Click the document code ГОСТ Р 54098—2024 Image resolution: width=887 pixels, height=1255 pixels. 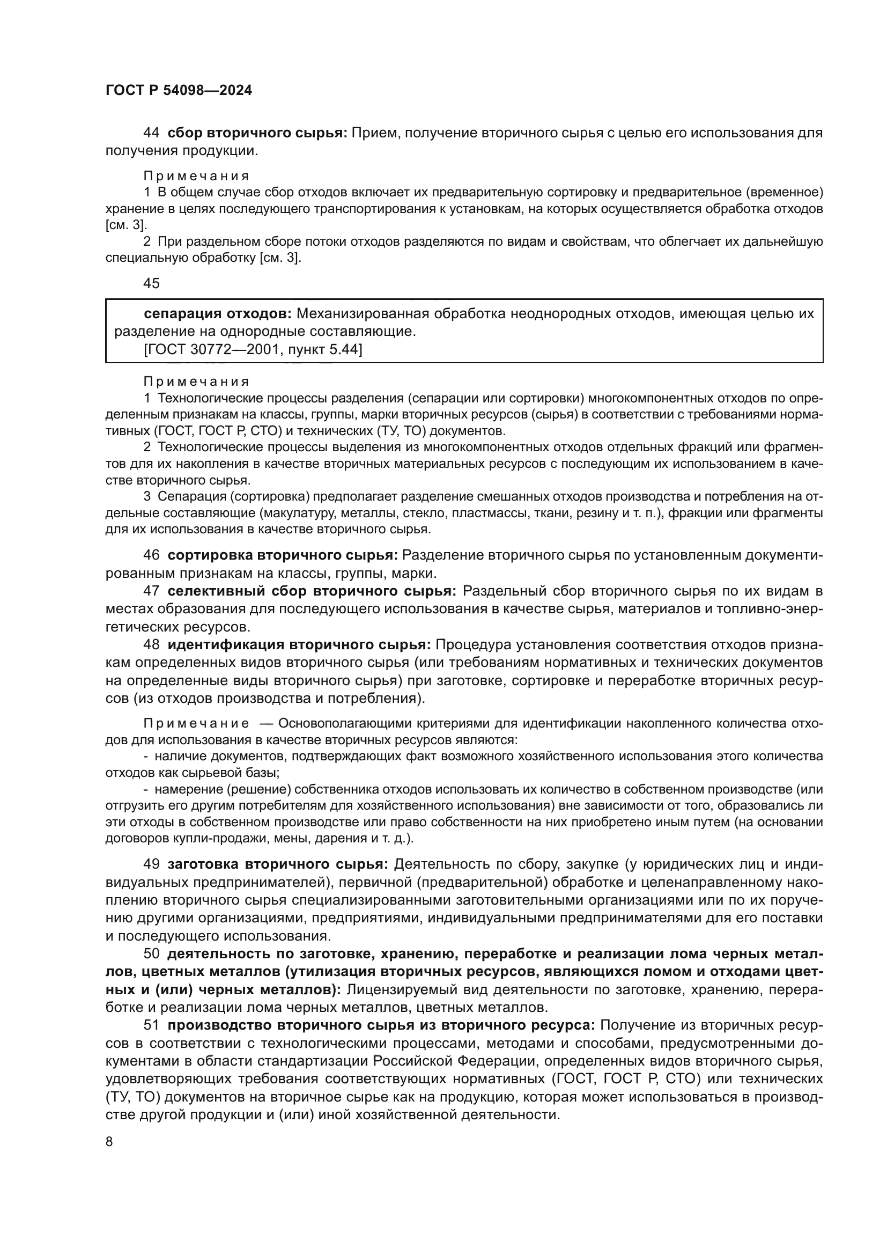pos(179,91)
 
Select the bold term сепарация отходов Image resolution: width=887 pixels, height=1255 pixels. pos(217,314)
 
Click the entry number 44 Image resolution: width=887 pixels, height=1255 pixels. pos(151,133)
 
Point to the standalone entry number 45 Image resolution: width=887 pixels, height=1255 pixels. pos(151,283)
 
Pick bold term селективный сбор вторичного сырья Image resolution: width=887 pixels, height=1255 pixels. pos(312,591)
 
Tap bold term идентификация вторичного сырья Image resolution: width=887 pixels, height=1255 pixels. pos(299,645)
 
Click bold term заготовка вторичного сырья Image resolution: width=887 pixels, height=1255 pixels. pos(277,864)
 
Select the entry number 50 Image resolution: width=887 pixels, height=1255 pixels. pos(151,955)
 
